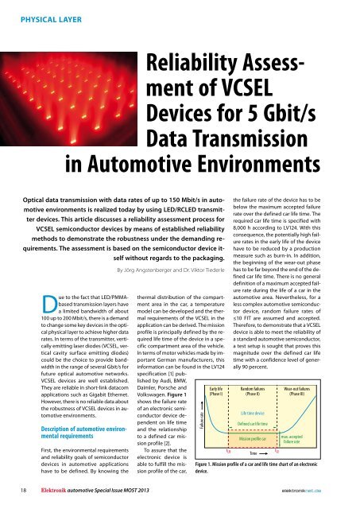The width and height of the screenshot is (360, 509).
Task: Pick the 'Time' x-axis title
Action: coord(254,453)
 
